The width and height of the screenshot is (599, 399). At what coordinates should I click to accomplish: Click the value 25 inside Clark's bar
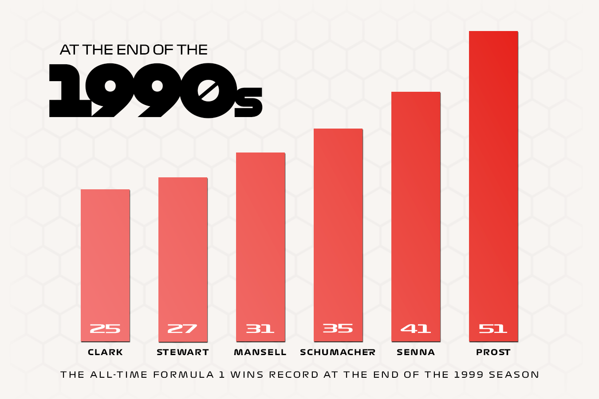[x=105, y=329]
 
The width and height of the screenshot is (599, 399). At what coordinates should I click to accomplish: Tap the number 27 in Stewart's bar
[x=182, y=329]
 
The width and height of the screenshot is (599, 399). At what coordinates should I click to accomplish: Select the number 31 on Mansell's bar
[x=260, y=329]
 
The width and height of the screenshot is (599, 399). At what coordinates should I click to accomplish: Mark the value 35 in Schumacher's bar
[x=338, y=328]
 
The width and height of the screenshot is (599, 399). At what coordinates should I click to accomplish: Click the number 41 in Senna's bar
[x=416, y=329]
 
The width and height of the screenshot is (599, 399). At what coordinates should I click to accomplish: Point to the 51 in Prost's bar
[x=493, y=329]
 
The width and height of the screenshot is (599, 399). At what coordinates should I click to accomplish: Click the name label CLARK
[x=105, y=352]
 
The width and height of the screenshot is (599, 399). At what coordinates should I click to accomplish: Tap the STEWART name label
[x=183, y=352]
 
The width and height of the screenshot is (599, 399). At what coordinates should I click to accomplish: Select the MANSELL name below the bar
[x=260, y=352]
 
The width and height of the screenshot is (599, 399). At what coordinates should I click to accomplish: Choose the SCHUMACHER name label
[x=338, y=352]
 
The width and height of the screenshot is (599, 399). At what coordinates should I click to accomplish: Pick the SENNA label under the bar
[x=416, y=352]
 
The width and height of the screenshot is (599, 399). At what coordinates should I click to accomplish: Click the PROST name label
[x=493, y=352]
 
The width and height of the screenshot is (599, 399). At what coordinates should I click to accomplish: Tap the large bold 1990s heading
[x=155, y=91]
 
